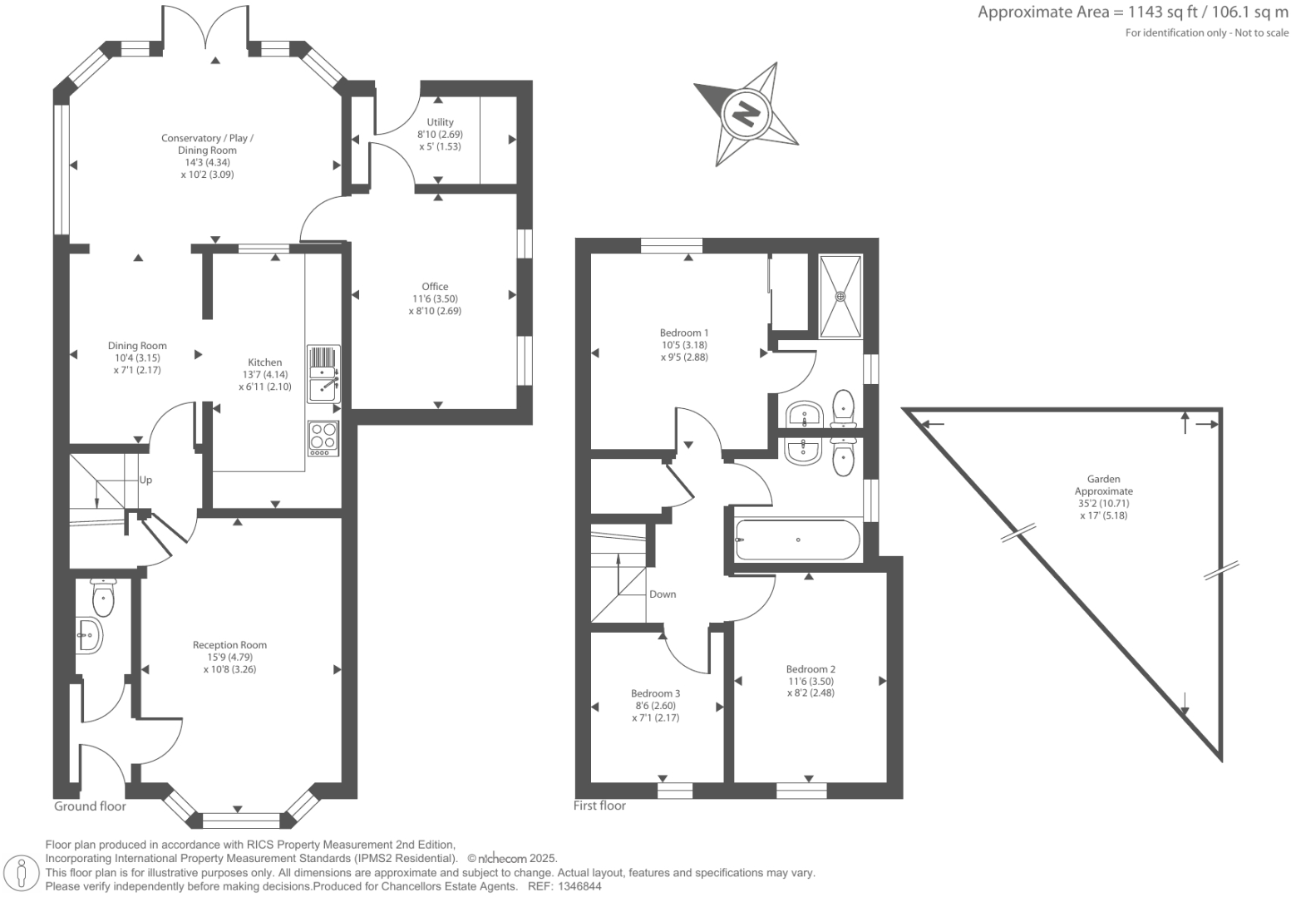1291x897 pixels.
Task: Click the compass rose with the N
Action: [746, 112]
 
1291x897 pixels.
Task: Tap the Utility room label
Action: [440, 122]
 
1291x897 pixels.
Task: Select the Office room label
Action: [435, 287]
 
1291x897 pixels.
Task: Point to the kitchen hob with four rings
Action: [323, 436]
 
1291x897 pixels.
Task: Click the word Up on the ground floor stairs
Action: [145, 480]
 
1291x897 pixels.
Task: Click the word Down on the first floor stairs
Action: [663, 594]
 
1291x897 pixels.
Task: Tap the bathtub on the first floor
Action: [797, 540]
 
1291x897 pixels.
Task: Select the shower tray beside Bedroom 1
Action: [840, 296]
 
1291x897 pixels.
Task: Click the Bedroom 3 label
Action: [655, 693]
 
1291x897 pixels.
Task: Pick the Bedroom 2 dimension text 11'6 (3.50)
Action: [811, 681]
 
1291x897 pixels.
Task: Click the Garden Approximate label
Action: [1103, 485]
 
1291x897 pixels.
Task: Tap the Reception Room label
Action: [229, 645]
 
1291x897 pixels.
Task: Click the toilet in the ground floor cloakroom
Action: [103, 595]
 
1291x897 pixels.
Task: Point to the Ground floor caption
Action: [90, 806]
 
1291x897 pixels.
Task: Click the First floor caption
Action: [599, 806]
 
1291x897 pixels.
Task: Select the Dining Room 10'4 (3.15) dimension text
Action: [137, 358]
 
